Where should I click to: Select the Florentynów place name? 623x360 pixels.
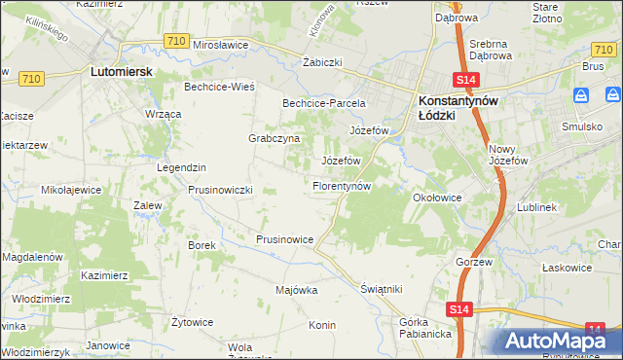pos(342,185)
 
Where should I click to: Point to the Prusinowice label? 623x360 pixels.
pos(284,238)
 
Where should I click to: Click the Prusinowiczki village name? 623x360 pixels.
pos(220,190)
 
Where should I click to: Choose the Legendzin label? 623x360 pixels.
pos(182,167)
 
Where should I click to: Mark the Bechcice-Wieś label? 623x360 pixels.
pos(219,87)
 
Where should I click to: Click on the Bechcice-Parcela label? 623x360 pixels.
pos(323,102)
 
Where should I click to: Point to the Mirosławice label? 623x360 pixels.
pos(223,45)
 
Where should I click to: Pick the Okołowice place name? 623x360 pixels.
pos(436,197)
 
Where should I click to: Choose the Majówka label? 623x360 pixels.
pos(297,290)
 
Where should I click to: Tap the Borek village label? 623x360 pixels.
pos(202,245)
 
